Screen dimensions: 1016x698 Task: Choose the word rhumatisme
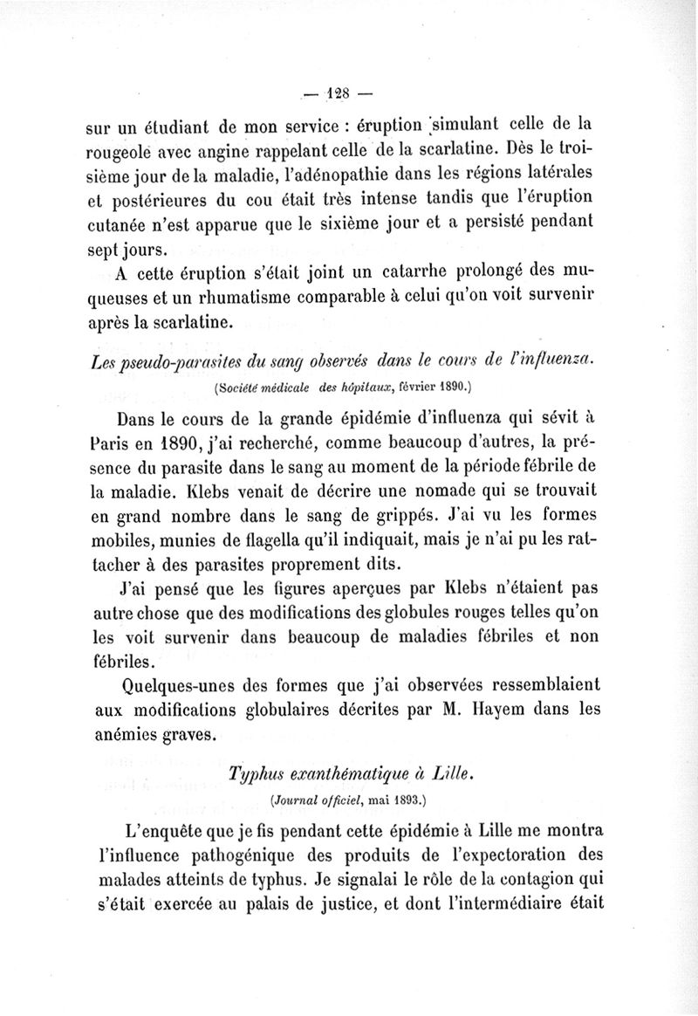click(236, 296)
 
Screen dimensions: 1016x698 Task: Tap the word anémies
click(129, 734)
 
